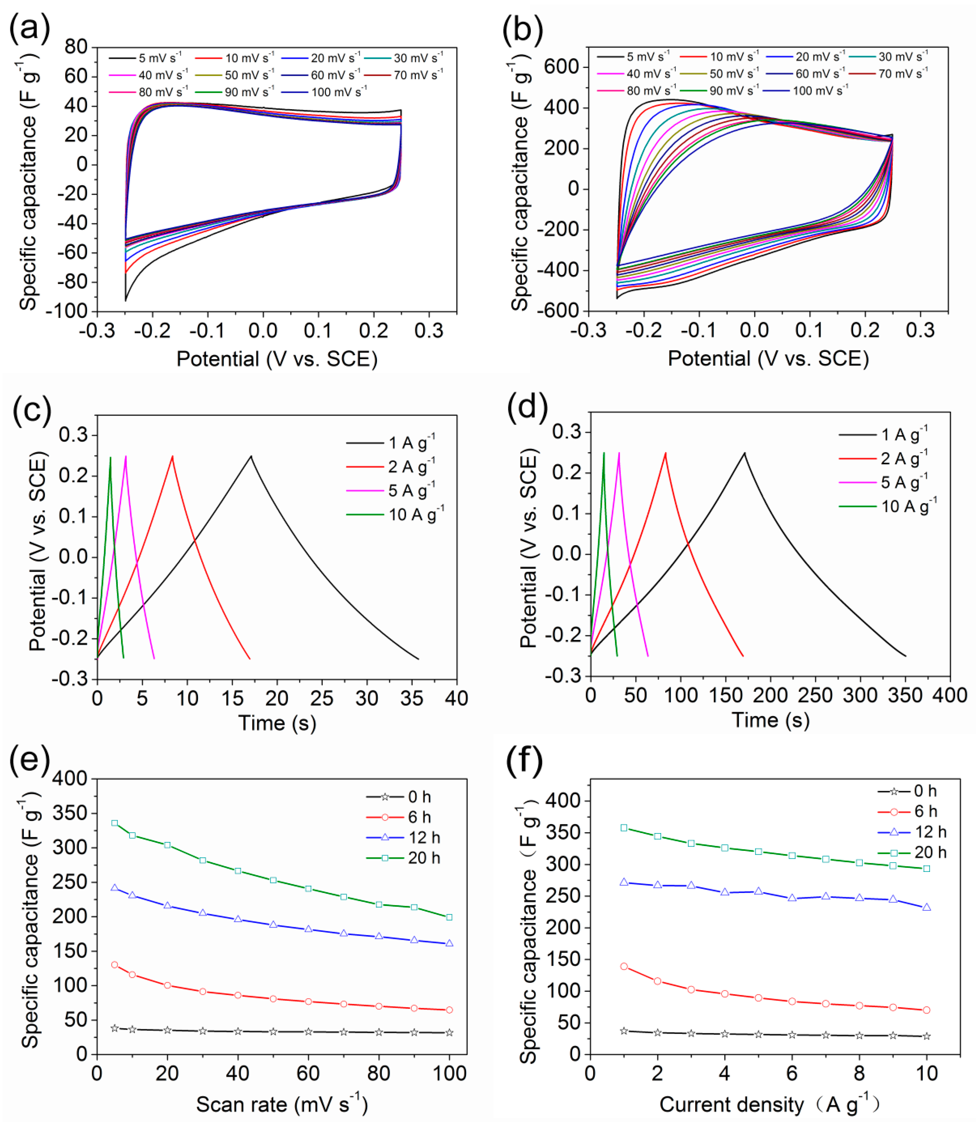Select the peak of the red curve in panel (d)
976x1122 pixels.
coord(665,453)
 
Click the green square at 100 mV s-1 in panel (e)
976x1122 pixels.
coord(449,917)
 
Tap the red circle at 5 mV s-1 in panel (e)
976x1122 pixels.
coord(114,965)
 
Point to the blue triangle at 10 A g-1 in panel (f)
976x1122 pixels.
coord(926,908)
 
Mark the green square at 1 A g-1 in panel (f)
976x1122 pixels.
coord(624,828)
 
